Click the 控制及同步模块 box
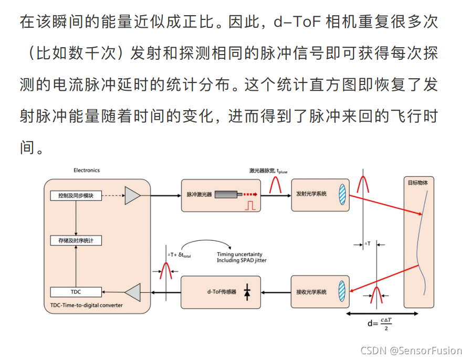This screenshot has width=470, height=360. coord(76,195)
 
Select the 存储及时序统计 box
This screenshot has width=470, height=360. coord(76,240)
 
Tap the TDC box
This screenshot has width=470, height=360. coord(76,292)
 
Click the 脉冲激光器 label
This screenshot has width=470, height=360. coord(199,194)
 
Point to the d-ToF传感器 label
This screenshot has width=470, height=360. coord(222,292)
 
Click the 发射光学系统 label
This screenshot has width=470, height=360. coord(311,194)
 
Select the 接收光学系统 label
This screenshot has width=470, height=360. coord(311,292)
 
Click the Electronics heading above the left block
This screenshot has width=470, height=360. coord(87,170)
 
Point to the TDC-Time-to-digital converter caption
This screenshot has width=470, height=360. coord(87,305)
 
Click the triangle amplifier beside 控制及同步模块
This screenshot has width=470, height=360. coord(132,195)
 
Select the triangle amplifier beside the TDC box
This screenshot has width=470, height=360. coord(132,292)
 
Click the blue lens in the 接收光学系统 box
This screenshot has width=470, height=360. coord(342,292)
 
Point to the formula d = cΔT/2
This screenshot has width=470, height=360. coord(380,323)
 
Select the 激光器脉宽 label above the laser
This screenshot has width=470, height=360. coord(268,171)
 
